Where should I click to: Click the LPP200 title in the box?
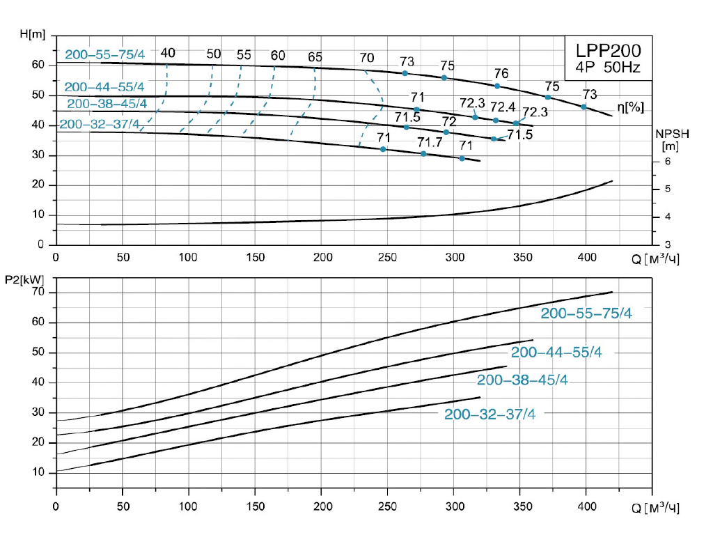[x=608, y=51]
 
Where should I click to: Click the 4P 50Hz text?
[x=608, y=68]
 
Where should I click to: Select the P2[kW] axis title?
[x=27, y=280]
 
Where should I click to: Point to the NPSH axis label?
[x=671, y=133]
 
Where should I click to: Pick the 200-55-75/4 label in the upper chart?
[x=104, y=54]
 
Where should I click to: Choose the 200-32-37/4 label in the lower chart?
[x=489, y=414]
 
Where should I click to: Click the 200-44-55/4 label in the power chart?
[x=556, y=352]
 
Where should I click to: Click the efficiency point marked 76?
[x=497, y=86]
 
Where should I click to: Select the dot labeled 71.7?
[x=423, y=153]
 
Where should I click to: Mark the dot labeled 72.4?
[x=496, y=121]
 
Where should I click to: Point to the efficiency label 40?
[x=168, y=53]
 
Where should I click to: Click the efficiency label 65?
[x=315, y=57]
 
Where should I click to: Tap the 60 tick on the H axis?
[x=38, y=65]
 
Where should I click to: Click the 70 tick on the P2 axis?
[x=38, y=292]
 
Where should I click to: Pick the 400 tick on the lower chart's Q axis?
[x=586, y=506]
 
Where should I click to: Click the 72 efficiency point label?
[x=449, y=121]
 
